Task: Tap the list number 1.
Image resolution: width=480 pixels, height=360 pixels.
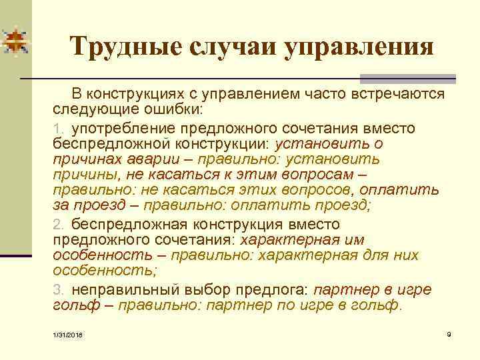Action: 58,127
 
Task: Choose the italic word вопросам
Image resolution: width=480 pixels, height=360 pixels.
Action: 319,175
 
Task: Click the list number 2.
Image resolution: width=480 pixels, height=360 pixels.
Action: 58,223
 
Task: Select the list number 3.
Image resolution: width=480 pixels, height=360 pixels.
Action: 58,289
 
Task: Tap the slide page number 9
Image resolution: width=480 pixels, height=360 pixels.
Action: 449,332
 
